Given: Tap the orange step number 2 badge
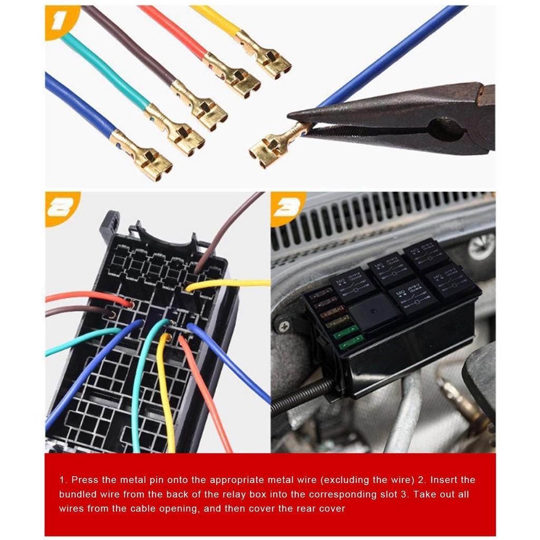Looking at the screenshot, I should click(x=61, y=207).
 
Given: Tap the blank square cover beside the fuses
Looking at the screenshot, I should click(x=374, y=311).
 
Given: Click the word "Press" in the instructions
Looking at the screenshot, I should click(x=83, y=480).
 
